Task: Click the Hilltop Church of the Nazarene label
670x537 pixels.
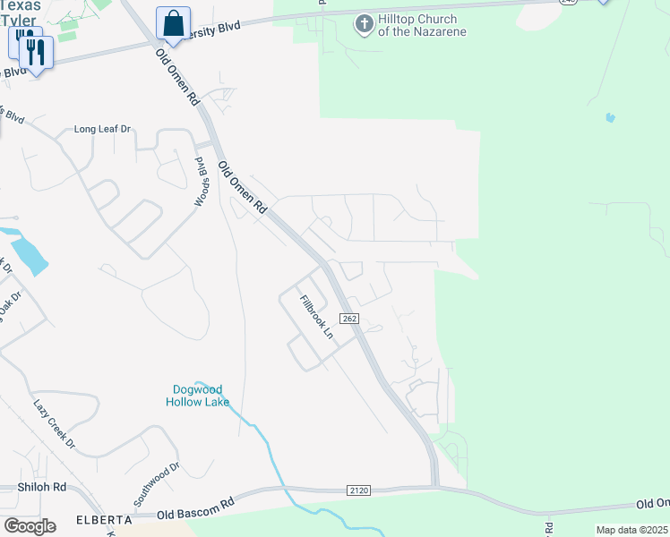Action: [x=417, y=26]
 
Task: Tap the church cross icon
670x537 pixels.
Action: [x=364, y=23]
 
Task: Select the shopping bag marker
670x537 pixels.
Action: [x=173, y=22]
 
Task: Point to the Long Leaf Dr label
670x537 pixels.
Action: [x=102, y=129]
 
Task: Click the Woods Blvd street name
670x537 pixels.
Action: [x=202, y=182]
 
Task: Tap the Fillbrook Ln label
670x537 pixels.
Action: [x=315, y=317]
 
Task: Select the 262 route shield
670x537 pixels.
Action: [x=349, y=319]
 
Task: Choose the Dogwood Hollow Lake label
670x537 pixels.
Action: [x=197, y=396]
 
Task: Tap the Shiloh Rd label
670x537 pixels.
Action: [x=42, y=487]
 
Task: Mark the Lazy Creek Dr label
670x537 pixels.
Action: [x=55, y=424]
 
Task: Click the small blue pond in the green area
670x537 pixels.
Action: [x=610, y=117]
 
